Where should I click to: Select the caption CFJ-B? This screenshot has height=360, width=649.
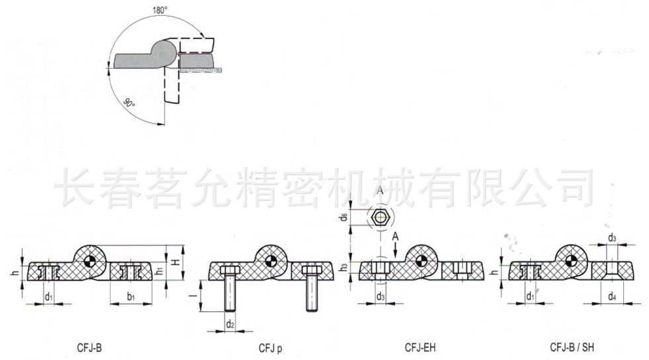point(89,347)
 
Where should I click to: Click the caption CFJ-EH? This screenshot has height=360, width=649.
point(420,347)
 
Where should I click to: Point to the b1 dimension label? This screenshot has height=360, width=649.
point(130,298)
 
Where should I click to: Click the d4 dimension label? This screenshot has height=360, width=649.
point(612,297)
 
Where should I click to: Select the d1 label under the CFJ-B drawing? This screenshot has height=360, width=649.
point(48,298)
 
